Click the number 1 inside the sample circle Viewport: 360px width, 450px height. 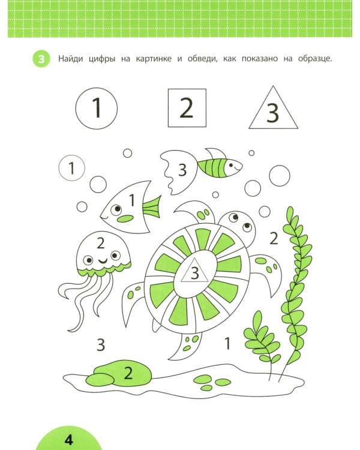point(97,107)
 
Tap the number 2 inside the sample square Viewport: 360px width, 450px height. point(187,107)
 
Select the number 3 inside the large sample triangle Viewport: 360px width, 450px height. point(272,113)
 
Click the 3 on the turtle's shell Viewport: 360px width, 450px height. point(194,273)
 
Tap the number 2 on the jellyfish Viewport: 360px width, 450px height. point(100,243)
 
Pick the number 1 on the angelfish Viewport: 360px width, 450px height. point(132,200)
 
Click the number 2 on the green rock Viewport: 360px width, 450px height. point(128,373)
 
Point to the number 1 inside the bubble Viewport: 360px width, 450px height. point(71,168)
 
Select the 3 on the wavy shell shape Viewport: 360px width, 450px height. point(182,170)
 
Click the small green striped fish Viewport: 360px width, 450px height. point(220,165)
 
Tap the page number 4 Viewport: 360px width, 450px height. point(68,440)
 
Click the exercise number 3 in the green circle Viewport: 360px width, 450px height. point(41,59)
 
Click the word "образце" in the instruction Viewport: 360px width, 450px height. point(314,59)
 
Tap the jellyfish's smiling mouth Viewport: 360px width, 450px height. point(103,260)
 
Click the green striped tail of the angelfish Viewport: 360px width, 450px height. point(152,207)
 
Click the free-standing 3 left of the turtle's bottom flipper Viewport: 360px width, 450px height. point(100,344)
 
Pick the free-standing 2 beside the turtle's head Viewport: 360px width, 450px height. point(274,238)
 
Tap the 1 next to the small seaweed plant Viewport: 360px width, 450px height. point(227,343)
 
